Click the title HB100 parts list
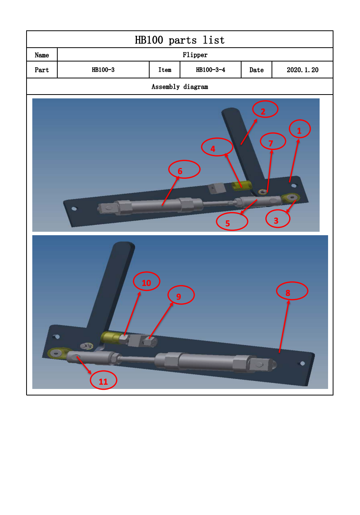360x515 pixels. (180, 40)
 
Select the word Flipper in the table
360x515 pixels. (195, 55)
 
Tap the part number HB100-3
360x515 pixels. (103, 70)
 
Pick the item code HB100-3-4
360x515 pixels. (210, 70)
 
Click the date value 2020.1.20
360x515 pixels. (302, 70)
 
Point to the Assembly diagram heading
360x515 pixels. (180, 87)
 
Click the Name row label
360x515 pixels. (42, 55)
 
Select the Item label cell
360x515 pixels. (165, 70)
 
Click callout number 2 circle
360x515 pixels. (265, 101)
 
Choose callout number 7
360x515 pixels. (273, 133)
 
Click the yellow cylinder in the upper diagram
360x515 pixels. (241, 185)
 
